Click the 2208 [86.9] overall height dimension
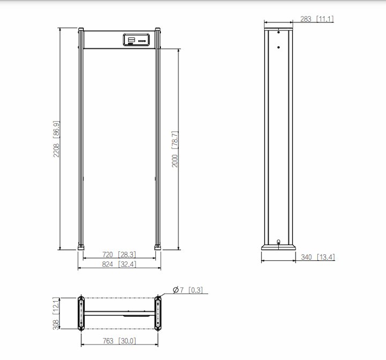56,139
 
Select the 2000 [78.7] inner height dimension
175,149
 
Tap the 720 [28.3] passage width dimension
119,254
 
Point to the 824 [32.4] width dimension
119,264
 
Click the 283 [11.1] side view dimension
317,19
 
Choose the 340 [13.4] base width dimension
318,257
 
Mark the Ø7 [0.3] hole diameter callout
188,290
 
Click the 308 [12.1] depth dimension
56,313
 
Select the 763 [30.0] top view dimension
119,341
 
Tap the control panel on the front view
136,40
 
